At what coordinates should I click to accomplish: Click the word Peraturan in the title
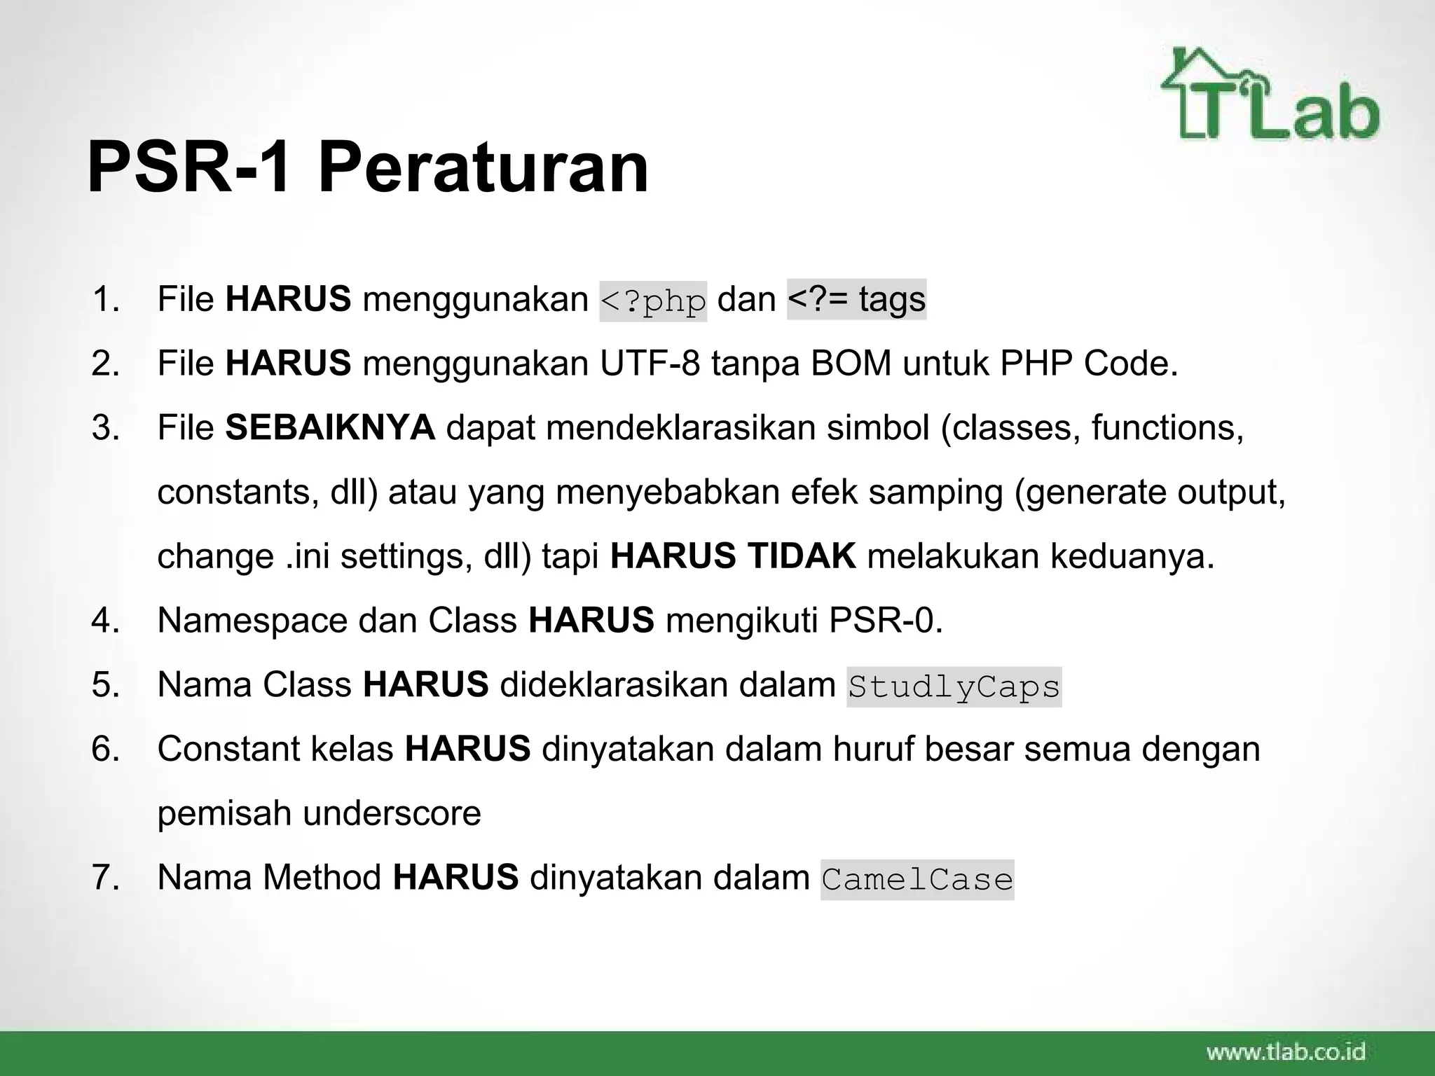[483, 169]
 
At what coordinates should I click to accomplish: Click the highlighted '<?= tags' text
[856, 299]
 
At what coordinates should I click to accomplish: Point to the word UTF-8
[650, 364]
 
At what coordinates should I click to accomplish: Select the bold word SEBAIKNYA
[330, 427]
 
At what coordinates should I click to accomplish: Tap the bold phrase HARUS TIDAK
[733, 556]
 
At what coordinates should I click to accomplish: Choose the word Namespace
[252, 621]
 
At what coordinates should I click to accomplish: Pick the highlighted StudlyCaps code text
[954, 687]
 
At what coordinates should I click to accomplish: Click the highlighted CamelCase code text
[917, 879]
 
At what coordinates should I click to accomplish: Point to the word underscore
[392, 813]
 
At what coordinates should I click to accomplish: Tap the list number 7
[105, 878]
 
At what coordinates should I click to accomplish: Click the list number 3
[105, 427]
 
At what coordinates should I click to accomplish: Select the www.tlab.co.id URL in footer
[1286, 1051]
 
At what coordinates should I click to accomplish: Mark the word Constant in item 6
[228, 749]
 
